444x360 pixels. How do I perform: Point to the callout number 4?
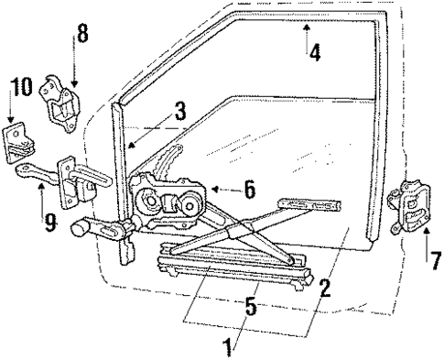(x=315, y=52)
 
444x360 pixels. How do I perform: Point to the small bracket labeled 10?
(x=21, y=144)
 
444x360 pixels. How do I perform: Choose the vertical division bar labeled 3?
(x=120, y=165)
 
